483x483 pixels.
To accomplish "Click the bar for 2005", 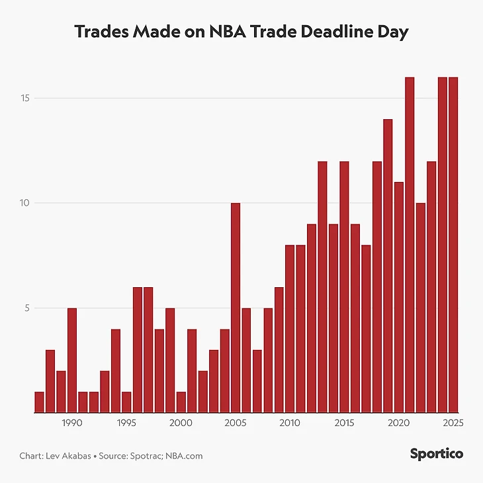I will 236,308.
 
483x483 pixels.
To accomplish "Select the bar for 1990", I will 72,360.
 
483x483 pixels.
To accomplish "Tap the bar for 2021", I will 410,245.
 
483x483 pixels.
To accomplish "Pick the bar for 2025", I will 453,245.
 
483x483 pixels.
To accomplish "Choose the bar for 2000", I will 181,402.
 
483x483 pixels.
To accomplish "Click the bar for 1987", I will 39,402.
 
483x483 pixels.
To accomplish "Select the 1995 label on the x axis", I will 126,422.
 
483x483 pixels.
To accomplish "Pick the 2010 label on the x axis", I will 290,422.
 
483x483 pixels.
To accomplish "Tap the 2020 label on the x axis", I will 399,422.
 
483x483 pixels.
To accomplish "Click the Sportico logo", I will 436,454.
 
